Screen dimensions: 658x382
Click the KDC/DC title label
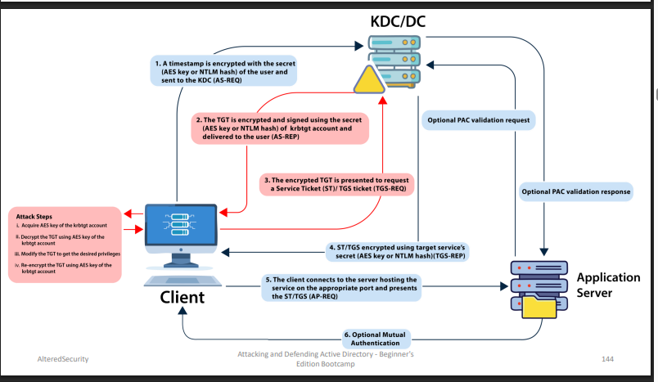click(x=398, y=21)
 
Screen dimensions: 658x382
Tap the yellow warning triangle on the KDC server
click(x=369, y=80)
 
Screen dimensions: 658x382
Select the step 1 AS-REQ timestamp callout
click(x=224, y=71)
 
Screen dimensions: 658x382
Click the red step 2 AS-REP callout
click(x=280, y=128)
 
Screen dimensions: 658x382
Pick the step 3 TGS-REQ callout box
click(x=336, y=185)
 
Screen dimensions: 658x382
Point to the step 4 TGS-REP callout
click(x=397, y=252)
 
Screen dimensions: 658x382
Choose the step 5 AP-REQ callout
click(x=341, y=288)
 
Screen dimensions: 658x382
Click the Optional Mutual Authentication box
click(x=375, y=339)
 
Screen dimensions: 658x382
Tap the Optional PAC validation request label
click(x=479, y=120)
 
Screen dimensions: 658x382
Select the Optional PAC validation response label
click(x=576, y=191)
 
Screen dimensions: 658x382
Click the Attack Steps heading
click(x=34, y=217)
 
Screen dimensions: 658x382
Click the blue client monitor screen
click(x=181, y=225)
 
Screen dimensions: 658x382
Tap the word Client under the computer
click(x=183, y=297)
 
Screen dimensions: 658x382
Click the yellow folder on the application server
click(x=539, y=307)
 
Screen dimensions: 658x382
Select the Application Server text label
click(x=608, y=285)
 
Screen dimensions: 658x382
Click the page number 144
click(x=607, y=359)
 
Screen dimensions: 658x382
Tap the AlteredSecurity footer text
click(x=63, y=359)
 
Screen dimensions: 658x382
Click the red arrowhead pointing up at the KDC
click(x=382, y=100)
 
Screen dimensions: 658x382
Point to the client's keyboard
click(x=183, y=281)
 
